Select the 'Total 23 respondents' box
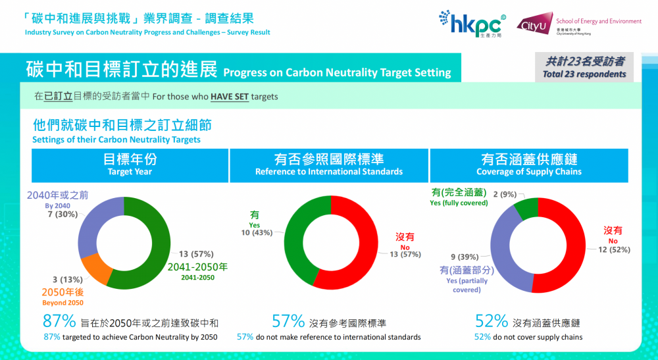(x=584, y=68)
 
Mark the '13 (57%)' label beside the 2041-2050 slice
(x=196, y=254)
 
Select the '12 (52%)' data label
(x=617, y=249)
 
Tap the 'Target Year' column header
(x=130, y=165)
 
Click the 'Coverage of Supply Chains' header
(x=529, y=165)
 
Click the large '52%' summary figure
(x=491, y=322)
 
